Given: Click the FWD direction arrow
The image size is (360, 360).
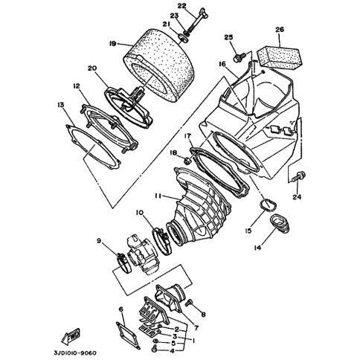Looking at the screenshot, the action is coord(71,335).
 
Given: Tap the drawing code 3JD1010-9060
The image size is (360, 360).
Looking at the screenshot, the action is coord(75,353).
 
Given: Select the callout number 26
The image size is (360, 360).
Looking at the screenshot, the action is coord(280,30).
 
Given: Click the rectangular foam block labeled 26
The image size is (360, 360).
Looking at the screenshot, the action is coord(280,57).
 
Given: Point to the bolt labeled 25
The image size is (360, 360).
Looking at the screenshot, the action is coord(240,57).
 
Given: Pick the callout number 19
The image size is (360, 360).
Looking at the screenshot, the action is coord(112,44).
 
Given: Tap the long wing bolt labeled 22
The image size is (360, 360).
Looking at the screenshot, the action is coord(197,24).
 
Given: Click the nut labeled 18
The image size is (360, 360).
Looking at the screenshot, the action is coord(187,160).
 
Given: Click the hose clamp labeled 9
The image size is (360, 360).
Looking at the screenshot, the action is coord(123,263).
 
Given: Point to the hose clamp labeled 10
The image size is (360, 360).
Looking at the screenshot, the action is coord(161,241).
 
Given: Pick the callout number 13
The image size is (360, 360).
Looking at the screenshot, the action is coord(61,105).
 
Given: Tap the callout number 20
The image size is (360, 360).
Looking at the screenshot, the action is coord(92,68).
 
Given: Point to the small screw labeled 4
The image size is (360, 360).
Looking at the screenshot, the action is coord(155,349).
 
